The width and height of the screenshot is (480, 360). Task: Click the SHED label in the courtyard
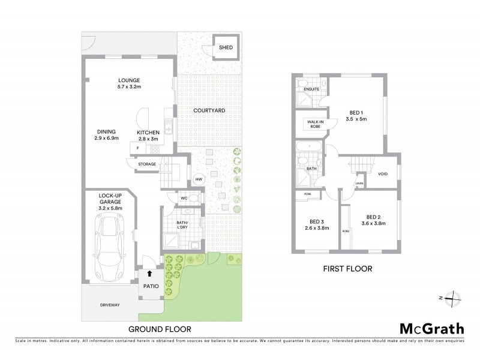(x=226, y=47)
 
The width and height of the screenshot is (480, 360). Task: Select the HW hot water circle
(x=199, y=179)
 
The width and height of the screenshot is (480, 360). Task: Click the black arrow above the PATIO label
(x=149, y=274)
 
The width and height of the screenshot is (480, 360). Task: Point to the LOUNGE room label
(x=129, y=80)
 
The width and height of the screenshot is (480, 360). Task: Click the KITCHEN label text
(x=148, y=133)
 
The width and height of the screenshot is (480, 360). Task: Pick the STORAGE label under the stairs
(x=147, y=164)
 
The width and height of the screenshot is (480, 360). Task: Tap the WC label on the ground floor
(x=185, y=197)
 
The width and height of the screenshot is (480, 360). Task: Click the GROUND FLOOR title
(x=160, y=329)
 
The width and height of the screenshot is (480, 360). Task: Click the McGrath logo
(x=431, y=328)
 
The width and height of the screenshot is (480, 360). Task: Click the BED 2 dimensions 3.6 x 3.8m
(x=373, y=224)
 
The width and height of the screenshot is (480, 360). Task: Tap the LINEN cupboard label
(x=359, y=183)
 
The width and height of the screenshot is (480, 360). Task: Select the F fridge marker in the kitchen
(x=138, y=148)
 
